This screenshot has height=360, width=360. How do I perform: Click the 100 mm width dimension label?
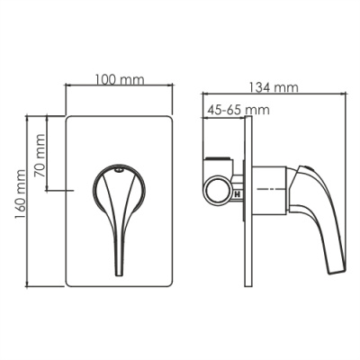coord(119,81)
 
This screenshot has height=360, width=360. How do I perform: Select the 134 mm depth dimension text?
coord(274,87)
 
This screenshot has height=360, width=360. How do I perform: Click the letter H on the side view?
coord(237,192)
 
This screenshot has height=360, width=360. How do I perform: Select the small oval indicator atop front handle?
coord(119,170)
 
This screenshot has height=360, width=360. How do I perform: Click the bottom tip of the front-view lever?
coord(119,273)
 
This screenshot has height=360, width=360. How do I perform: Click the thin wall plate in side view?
coord(247,207)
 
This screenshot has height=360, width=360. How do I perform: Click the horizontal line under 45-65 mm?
coord(225,117)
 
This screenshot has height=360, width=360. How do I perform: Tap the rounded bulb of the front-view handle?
coord(118,189)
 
